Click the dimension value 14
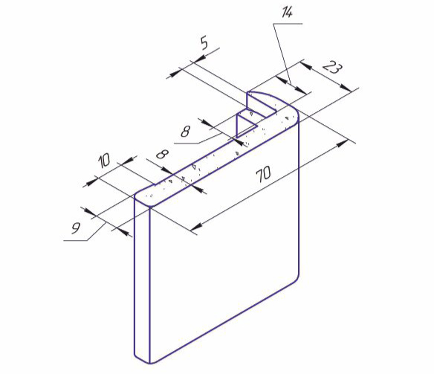287,13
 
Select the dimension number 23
332,68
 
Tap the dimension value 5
204,43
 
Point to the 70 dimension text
263,174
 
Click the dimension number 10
105,161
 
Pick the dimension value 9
75,228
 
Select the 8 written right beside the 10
163,154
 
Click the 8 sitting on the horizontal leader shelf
185,131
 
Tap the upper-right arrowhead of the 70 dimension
343,143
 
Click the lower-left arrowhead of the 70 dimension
196,227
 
